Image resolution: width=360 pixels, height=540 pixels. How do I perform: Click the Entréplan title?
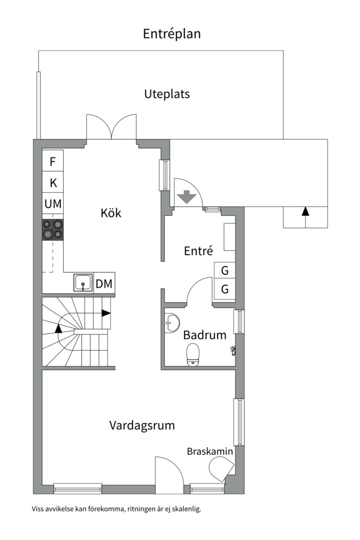[171, 33]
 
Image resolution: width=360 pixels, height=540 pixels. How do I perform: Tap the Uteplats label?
[167, 94]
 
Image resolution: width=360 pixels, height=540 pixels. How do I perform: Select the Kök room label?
[111, 213]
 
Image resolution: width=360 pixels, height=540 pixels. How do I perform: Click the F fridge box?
[52, 161]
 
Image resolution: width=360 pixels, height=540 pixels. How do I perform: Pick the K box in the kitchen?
[52, 183]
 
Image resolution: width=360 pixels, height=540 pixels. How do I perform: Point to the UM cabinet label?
[52, 203]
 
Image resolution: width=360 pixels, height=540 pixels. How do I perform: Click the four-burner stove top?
[52, 229]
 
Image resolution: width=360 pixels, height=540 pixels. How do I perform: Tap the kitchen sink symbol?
[82, 283]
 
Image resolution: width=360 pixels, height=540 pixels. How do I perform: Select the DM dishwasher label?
[104, 284]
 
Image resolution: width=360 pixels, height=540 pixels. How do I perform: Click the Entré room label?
[198, 251]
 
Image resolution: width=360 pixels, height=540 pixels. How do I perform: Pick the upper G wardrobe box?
[225, 271]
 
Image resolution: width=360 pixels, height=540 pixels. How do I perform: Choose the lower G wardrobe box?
[225, 289]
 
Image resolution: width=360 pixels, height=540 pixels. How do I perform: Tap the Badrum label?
[204, 335]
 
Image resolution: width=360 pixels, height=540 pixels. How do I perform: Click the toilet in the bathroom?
[193, 355]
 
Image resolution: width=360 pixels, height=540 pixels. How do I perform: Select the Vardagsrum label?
[142, 425]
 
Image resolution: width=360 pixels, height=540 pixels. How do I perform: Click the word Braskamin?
[210, 451]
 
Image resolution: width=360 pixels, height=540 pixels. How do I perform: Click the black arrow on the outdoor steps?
[305, 211]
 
